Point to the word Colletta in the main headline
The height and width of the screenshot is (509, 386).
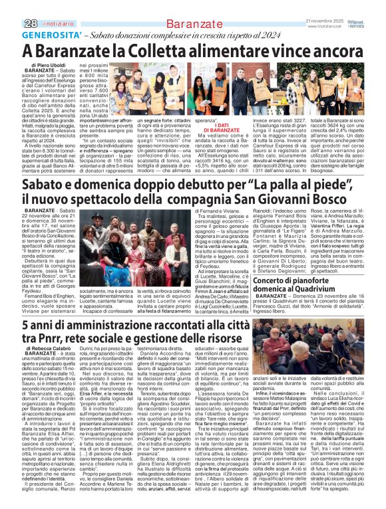tap(148, 50)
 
